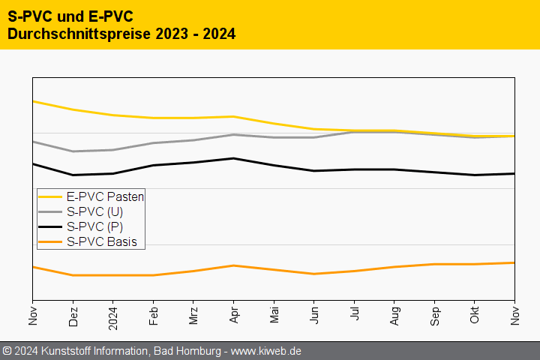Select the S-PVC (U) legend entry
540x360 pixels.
click(x=94, y=211)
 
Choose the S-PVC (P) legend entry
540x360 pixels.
click(x=94, y=226)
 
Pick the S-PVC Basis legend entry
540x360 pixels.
click(x=101, y=241)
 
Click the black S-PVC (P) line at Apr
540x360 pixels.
click(x=234, y=158)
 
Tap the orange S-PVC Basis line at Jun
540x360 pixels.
click(x=314, y=274)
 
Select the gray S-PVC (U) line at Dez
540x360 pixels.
click(x=73, y=151)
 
